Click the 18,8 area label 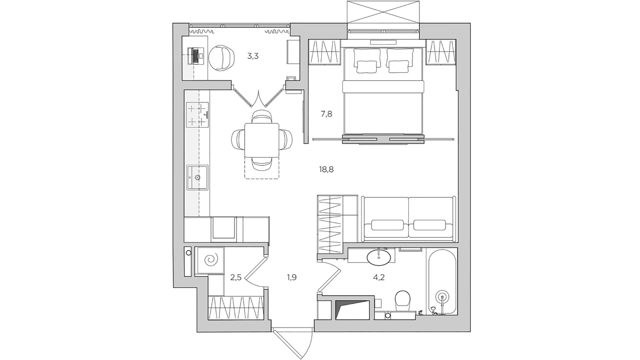point(326,170)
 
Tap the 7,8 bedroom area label point(326,114)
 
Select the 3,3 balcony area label point(253,56)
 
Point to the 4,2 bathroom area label point(379,277)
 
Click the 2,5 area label point(236,277)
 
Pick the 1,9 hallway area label point(291,277)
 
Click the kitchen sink point(197,177)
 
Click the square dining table point(262,140)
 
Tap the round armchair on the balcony point(220,58)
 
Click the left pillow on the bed point(367,60)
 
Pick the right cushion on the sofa point(430,225)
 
